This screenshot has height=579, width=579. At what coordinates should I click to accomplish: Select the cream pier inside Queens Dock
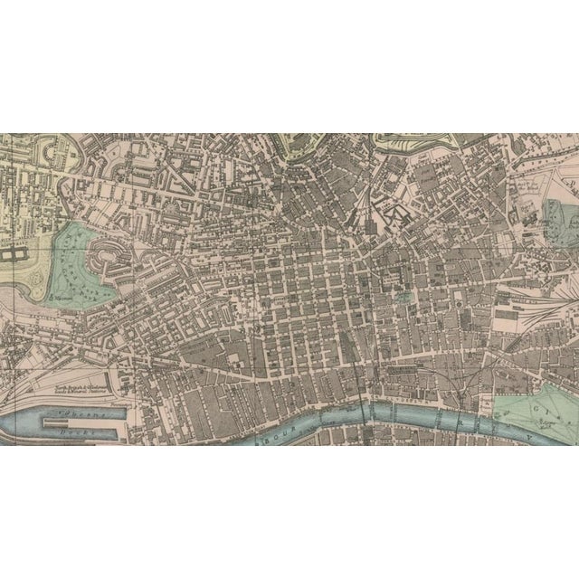point(72,418)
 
